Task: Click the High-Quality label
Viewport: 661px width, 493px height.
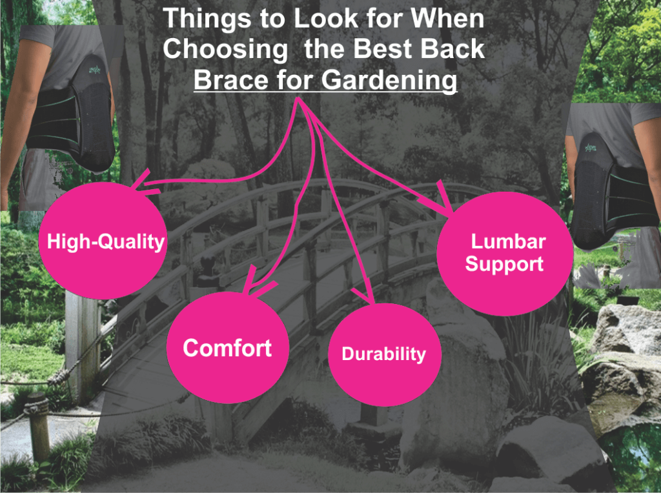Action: click(106, 242)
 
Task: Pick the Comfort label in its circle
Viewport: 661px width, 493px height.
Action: click(227, 348)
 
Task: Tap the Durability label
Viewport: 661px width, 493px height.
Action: click(383, 354)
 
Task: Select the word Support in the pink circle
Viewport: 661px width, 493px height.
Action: click(504, 264)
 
